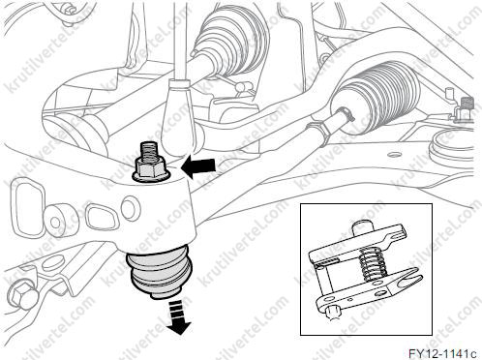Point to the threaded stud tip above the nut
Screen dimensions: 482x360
(x=149, y=150)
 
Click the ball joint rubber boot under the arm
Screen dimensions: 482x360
(x=160, y=270)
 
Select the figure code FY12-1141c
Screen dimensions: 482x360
(x=442, y=353)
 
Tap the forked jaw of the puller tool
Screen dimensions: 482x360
(x=407, y=280)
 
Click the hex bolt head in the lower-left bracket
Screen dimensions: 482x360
(x=22, y=295)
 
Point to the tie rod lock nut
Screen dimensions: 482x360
(x=319, y=131)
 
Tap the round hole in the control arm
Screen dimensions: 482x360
(x=131, y=207)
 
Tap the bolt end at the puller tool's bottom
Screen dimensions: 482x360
(x=333, y=314)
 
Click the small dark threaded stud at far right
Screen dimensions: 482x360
(x=465, y=105)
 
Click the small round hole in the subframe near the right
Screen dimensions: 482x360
(x=394, y=154)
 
